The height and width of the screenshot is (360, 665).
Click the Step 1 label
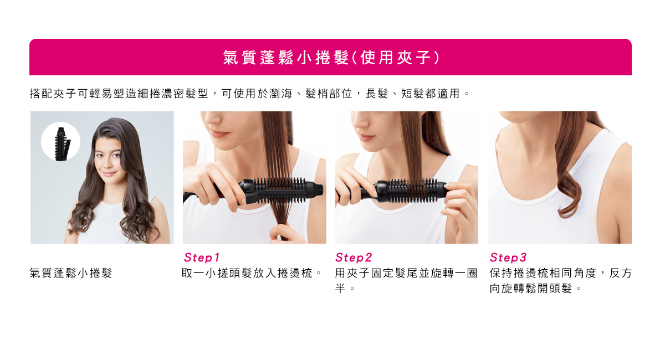202,258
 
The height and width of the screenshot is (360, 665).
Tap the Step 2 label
354,258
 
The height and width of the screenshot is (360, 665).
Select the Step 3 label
508,258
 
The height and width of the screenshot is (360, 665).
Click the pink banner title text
331,57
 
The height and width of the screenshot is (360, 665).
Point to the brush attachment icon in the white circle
62,144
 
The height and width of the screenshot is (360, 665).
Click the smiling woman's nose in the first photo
108,164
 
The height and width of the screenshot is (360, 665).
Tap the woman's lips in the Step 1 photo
219,135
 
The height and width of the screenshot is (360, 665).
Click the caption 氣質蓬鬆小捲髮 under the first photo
71,272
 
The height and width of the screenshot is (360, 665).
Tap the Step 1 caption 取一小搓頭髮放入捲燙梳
247,272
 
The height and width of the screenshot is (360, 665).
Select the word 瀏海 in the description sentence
281,94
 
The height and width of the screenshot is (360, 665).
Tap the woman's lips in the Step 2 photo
367,137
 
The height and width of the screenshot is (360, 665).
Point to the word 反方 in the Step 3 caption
621,272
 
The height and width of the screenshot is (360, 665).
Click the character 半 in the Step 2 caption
340,288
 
